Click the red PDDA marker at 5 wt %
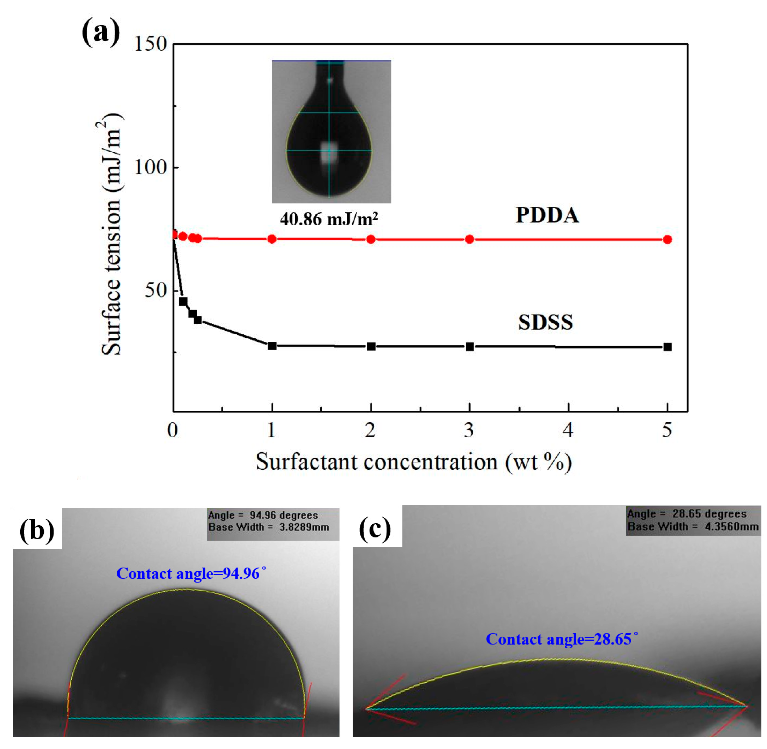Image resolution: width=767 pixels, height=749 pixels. tap(667, 240)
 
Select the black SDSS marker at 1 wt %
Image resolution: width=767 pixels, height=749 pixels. tap(272, 346)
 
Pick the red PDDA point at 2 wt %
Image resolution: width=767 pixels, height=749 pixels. tap(371, 239)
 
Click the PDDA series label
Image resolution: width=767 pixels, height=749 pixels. tap(547, 216)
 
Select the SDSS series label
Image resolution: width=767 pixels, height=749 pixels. tap(545, 323)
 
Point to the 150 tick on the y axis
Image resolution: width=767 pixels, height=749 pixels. tap(151, 44)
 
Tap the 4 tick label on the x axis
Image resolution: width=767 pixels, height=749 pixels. tap(568, 430)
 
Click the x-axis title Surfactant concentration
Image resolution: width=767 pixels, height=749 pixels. tap(413, 462)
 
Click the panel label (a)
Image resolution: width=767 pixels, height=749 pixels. tap(101, 33)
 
